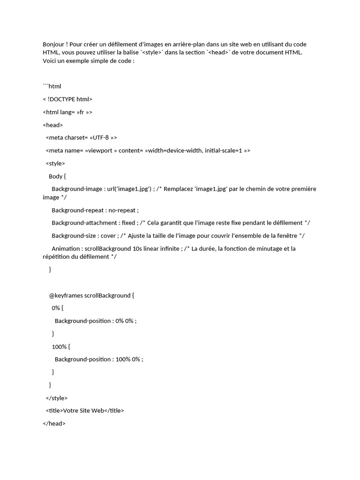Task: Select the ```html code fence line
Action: pos(52,86)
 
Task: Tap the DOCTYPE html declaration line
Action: pos(67,99)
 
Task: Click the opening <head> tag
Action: pos(52,125)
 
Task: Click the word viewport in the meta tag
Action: pos(99,150)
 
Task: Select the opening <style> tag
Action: pos(55,164)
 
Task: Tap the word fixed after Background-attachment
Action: pos(128,223)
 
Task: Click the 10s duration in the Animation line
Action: pos(138,249)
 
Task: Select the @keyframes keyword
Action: pos(66,296)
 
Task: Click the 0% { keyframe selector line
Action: pos(57,308)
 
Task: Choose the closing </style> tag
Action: pos(57,398)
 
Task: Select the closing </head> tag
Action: pos(54,423)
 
